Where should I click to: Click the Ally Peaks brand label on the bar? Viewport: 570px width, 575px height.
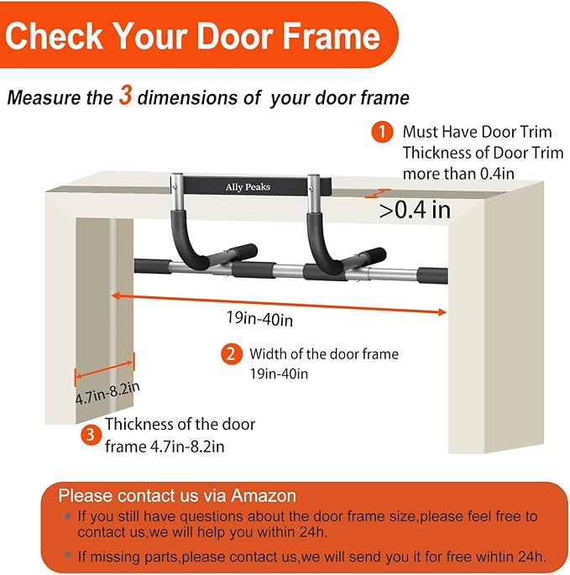point(247,186)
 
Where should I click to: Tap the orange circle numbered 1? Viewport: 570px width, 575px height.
point(382,132)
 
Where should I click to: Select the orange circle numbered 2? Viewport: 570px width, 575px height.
point(232,354)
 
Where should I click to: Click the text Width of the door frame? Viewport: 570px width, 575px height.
point(323,354)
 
